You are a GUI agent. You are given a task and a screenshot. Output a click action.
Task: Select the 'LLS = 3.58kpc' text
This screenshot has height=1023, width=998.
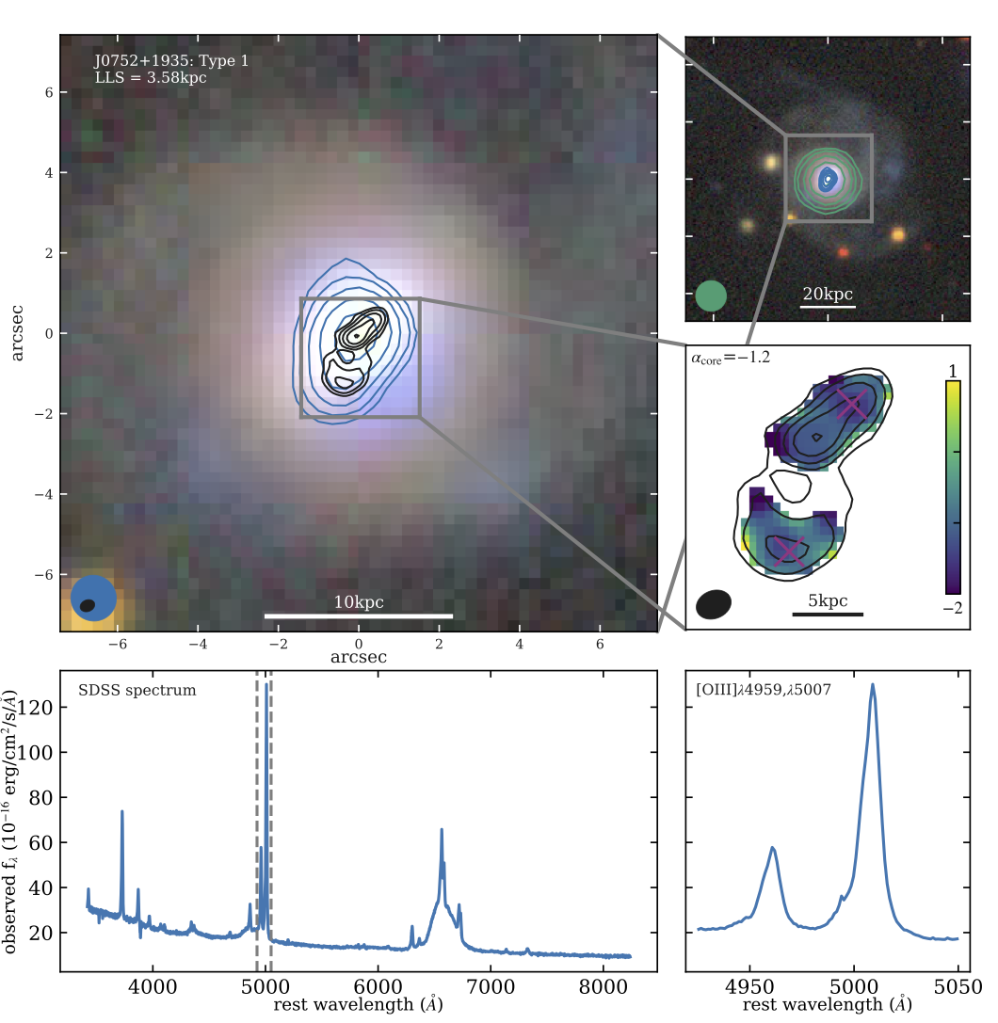[x=151, y=78]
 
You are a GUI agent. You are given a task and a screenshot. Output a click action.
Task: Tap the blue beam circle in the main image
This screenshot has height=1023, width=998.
[x=93, y=599]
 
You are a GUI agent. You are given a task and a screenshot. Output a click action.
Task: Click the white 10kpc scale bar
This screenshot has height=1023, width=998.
[x=358, y=616]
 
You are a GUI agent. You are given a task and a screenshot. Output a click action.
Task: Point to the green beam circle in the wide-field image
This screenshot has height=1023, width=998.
[x=712, y=296]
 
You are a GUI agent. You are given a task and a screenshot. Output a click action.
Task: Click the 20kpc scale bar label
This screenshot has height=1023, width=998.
[x=828, y=293]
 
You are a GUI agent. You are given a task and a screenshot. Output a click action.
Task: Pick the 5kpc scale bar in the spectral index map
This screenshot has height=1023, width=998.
[x=828, y=614]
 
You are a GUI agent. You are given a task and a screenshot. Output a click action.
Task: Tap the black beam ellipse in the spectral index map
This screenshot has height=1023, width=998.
[x=715, y=604]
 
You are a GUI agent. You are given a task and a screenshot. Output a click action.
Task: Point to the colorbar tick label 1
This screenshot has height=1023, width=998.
[x=953, y=368]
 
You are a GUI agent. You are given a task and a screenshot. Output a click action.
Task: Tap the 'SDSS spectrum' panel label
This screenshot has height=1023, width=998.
[x=137, y=691]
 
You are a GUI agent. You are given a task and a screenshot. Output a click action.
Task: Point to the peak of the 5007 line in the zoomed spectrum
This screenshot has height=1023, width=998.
[x=874, y=685]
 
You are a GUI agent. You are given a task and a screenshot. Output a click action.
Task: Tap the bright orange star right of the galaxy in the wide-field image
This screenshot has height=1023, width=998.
[x=897, y=234]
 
